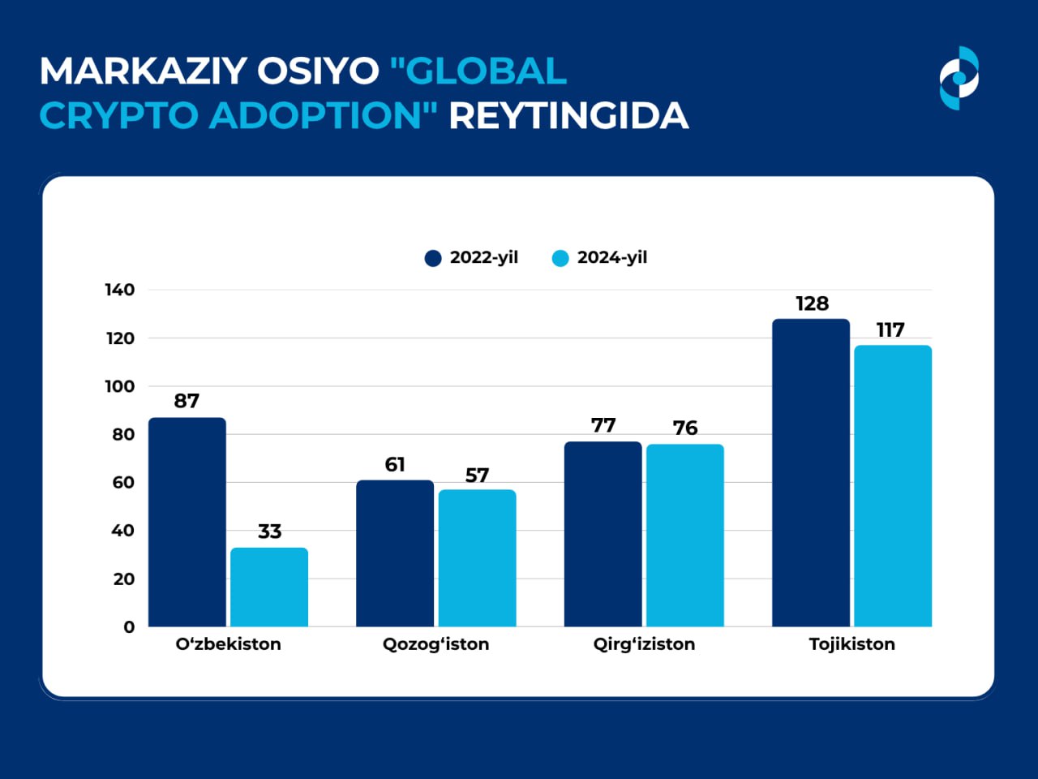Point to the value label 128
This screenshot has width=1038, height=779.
(x=812, y=303)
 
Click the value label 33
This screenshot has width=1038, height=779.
(x=269, y=532)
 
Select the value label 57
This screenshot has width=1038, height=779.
(x=477, y=475)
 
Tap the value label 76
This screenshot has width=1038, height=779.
(x=684, y=428)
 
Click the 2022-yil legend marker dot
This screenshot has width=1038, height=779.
(x=433, y=258)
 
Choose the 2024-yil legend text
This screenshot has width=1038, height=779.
(x=611, y=257)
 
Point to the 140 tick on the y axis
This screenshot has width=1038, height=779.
(x=119, y=290)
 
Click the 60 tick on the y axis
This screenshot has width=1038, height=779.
(x=123, y=482)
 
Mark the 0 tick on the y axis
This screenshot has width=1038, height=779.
(x=129, y=626)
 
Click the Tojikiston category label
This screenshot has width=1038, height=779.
(x=851, y=644)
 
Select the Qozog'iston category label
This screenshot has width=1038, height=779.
(x=435, y=644)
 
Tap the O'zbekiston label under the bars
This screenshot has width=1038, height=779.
(x=228, y=644)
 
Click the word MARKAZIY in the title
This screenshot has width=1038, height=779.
(x=142, y=71)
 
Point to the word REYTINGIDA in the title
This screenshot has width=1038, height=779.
(x=568, y=116)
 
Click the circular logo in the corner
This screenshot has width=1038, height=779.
(x=959, y=78)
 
